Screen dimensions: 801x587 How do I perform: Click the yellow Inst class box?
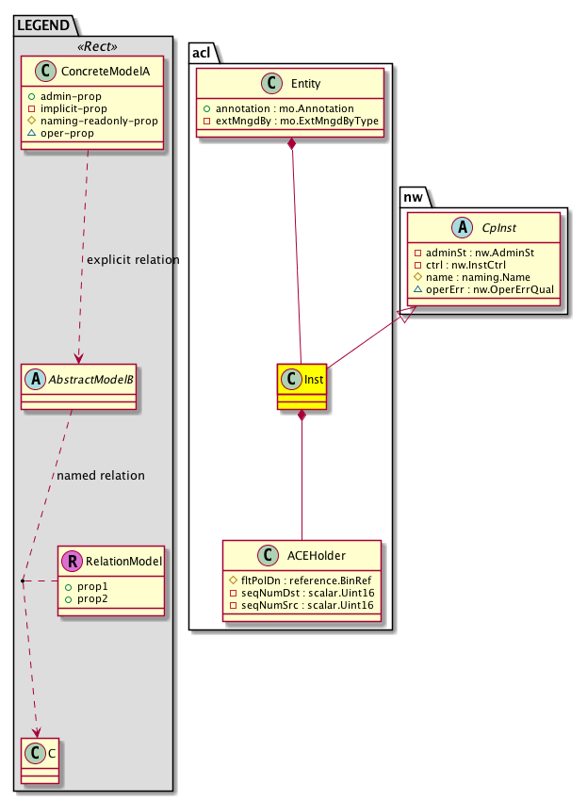coord(302,386)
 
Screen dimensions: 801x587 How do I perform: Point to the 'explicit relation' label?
coord(132,259)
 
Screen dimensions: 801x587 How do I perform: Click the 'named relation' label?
coord(101,475)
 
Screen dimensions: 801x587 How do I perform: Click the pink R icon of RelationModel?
coord(71,562)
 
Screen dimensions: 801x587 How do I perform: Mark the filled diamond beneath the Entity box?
coord(293,144)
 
